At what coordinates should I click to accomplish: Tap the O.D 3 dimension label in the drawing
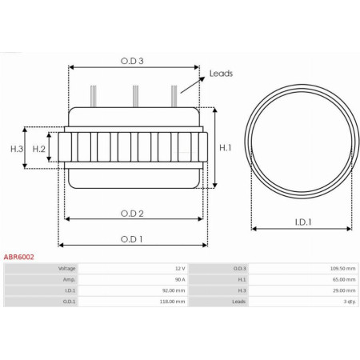click(133, 60)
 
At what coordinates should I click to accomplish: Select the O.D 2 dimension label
click(132, 213)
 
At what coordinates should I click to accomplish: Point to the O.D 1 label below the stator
click(132, 238)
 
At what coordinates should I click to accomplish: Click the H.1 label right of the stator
click(225, 147)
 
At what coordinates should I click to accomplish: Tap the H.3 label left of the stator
click(17, 149)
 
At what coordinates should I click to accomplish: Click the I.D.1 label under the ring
click(302, 222)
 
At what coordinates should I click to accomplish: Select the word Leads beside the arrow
click(221, 74)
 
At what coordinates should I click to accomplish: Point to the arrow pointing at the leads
click(192, 84)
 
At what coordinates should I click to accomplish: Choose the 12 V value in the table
click(179, 269)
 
